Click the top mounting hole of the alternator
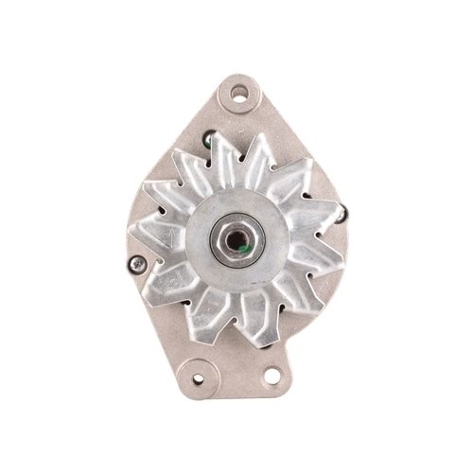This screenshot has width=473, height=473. pyautogui.click(x=239, y=93)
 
